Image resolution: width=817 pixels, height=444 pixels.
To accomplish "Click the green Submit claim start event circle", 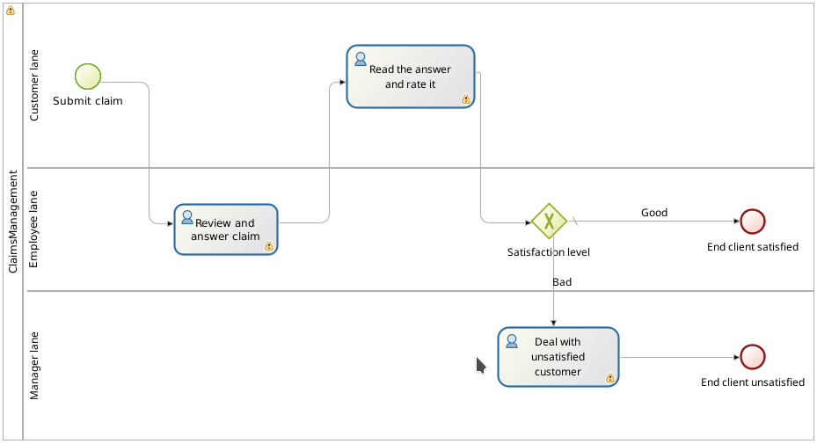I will tap(88, 76).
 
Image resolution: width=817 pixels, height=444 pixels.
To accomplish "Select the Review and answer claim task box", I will tap(226, 229).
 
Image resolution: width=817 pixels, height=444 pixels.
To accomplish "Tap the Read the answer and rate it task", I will tap(411, 76).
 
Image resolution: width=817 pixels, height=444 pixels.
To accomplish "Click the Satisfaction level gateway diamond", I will tap(549, 221).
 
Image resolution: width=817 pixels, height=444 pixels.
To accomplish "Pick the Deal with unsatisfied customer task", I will tap(558, 357).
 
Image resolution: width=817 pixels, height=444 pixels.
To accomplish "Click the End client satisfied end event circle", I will tap(753, 222).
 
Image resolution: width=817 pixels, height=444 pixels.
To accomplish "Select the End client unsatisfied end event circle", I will tap(753, 357).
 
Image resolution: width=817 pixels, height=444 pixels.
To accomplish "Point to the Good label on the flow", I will tap(654, 213).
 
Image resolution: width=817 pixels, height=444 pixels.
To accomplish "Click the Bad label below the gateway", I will tap(562, 282).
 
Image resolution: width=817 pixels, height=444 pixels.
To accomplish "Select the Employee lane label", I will tap(35, 229).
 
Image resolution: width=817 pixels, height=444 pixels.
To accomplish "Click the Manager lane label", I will tap(35, 365).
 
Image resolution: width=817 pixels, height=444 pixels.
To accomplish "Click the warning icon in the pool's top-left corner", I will tap(11, 11).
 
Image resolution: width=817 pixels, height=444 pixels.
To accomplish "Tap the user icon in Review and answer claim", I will tap(186, 217).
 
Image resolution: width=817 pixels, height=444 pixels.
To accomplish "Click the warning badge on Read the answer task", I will tap(465, 99).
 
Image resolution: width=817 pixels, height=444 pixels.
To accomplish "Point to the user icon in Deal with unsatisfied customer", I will tap(511, 341).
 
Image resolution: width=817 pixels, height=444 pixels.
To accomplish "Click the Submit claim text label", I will tap(88, 100).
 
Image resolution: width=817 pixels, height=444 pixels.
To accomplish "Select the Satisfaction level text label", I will tap(549, 252).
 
